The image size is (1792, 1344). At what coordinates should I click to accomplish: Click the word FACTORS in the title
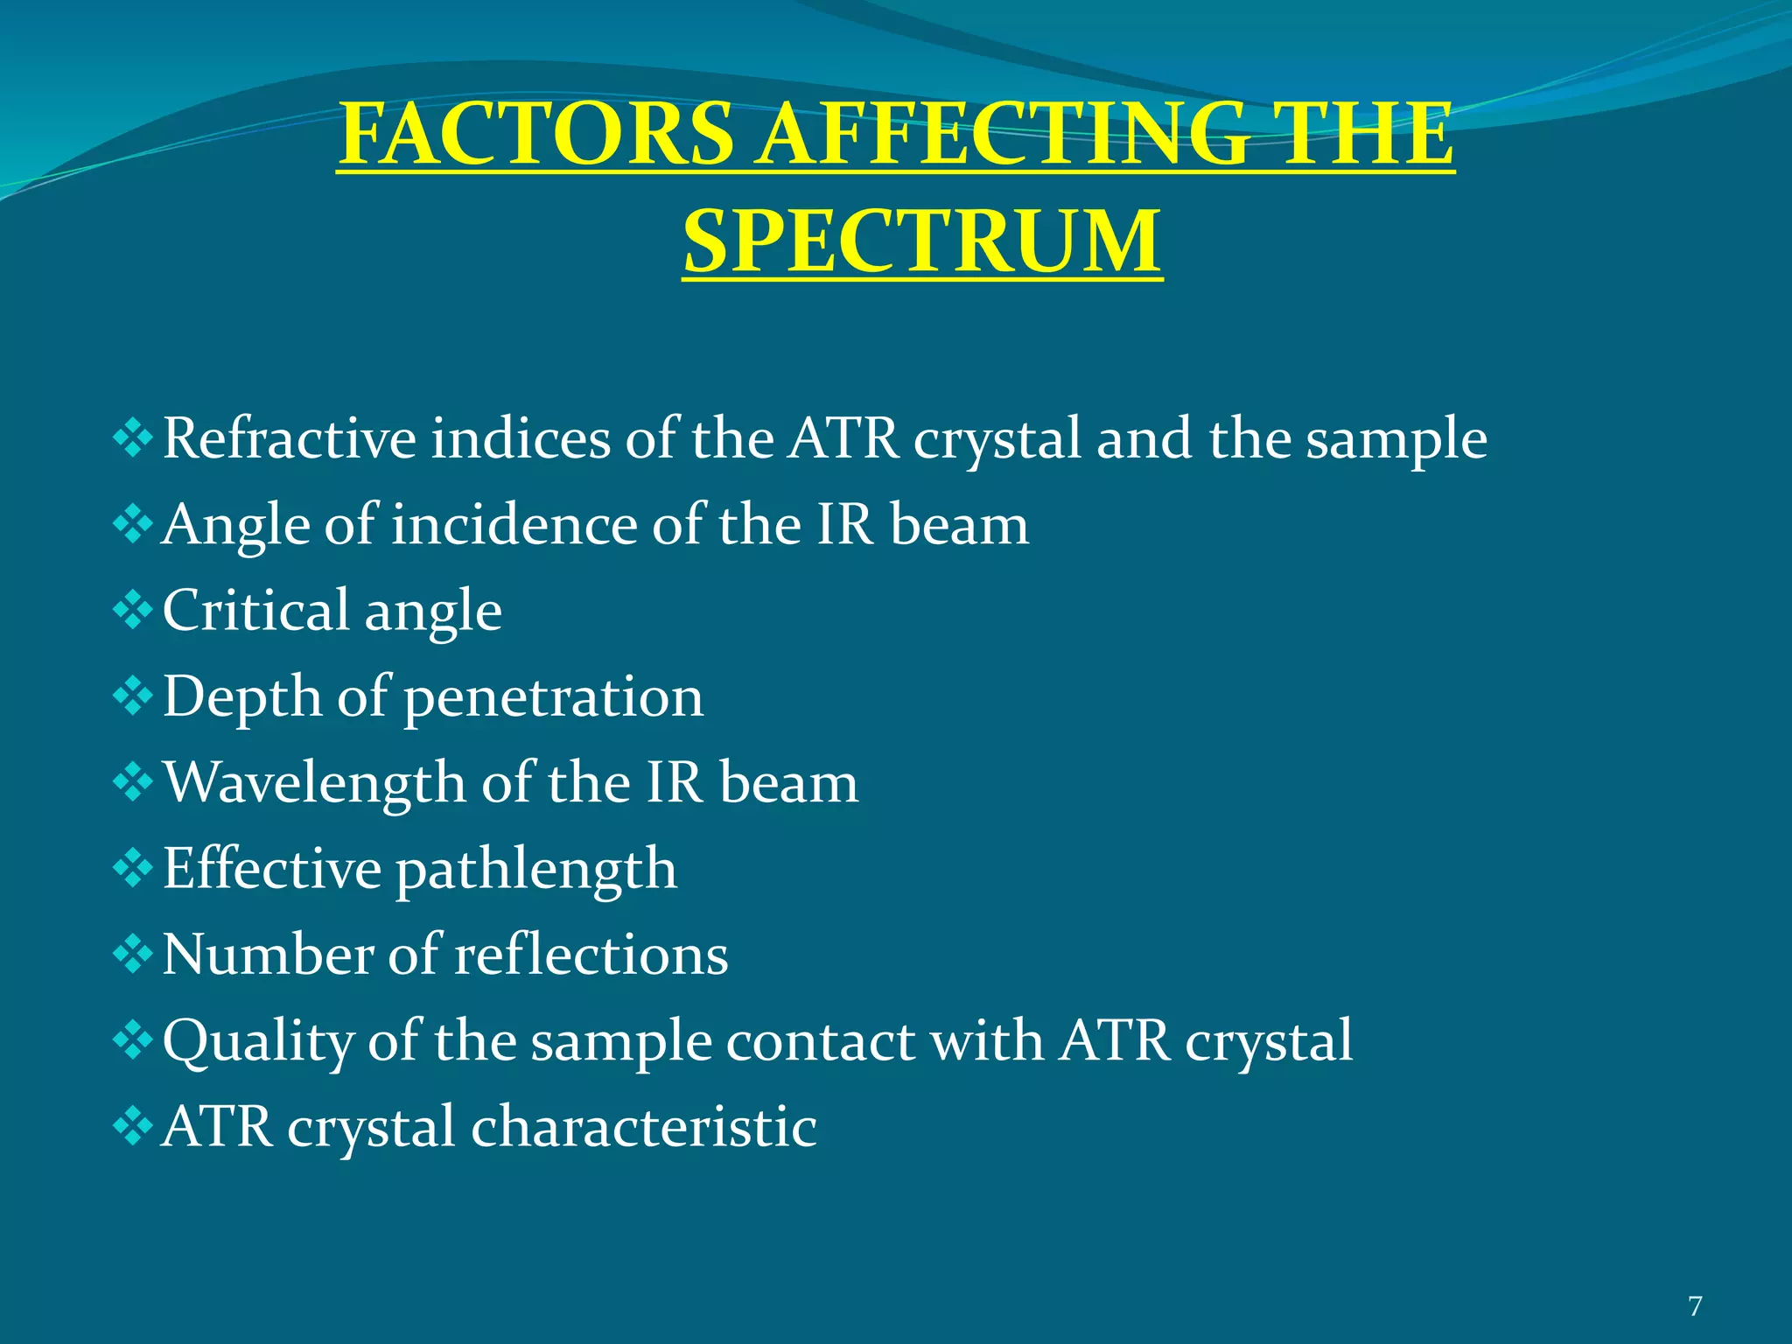pyautogui.click(x=535, y=135)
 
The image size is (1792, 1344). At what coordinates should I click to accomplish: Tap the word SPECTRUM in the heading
pyautogui.click(x=922, y=241)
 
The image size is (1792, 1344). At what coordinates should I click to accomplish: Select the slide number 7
pyautogui.click(x=1695, y=1306)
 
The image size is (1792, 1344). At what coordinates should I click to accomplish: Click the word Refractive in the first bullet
pyautogui.click(x=290, y=438)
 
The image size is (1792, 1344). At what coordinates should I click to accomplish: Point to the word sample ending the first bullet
pyautogui.click(x=1396, y=440)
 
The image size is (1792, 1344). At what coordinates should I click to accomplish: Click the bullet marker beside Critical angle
pyautogui.click(x=133, y=610)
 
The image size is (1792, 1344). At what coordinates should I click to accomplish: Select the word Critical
pyautogui.click(x=255, y=610)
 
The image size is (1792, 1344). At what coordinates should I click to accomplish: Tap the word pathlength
pyautogui.click(x=536, y=870)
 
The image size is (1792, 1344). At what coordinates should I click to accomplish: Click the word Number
pyautogui.click(x=268, y=955)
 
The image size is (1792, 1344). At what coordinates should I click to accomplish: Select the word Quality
pyautogui.click(x=257, y=1042)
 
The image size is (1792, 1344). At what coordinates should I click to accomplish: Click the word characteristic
pyautogui.click(x=644, y=1127)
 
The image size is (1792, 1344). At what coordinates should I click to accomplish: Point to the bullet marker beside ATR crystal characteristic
pyautogui.click(x=133, y=1126)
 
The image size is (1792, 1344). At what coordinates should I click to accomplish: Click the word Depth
pyautogui.click(x=242, y=698)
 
